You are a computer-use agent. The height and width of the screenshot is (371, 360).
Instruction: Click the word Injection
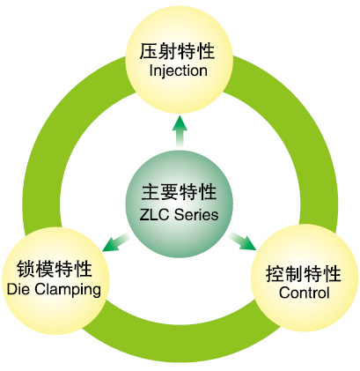click(x=178, y=71)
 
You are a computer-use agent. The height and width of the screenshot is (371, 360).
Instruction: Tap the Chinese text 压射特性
click(x=177, y=51)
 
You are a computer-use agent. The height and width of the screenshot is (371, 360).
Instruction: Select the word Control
click(x=305, y=293)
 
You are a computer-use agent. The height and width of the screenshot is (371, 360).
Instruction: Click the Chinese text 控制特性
click(x=304, y=274)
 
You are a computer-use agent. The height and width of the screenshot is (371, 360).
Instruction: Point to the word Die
click(x=18, y=289)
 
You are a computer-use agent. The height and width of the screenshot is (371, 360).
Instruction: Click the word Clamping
click(x=68, y=290)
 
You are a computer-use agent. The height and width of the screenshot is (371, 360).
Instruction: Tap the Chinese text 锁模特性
click(x=55, y=269)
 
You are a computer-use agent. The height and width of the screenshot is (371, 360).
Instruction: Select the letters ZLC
click(x=154, y=214)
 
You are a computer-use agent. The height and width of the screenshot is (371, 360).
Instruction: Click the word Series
click(x=196, y=214)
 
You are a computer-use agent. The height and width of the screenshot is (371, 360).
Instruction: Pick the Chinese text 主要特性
click(x=179, y=192)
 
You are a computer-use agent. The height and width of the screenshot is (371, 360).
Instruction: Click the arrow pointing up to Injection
click(x=180, y=132)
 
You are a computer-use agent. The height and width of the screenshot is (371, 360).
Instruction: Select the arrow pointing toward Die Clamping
click(x=116, y=241)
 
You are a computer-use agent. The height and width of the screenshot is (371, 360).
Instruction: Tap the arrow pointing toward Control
click(x=242, y=241)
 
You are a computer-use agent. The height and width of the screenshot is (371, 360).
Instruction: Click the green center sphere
click(x=180, y=204)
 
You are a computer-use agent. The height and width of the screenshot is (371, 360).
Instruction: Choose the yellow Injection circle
click(x=180, y=60)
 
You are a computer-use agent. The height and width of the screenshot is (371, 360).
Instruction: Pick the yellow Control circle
click(x=305, y=278)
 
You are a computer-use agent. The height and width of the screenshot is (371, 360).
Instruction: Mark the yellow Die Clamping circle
click(x=55, y=281)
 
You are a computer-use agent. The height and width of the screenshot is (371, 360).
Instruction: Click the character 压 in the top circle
click(x=149, y=51)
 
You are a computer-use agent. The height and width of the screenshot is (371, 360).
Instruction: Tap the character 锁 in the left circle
click(x=26, y=269)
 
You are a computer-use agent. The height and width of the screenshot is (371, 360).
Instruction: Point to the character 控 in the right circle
click(x=275, y=274)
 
